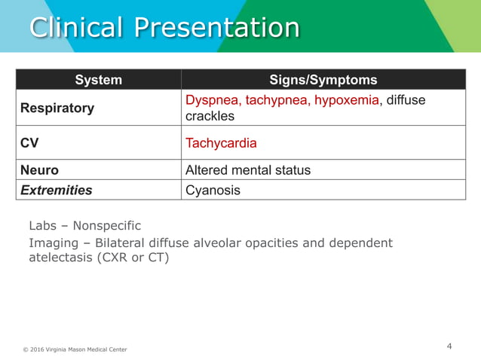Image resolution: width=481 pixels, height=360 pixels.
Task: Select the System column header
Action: (98, 80)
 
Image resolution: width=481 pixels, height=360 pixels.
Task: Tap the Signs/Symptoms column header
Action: (323, 80)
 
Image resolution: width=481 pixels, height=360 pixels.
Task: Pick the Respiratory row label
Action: (57, 108)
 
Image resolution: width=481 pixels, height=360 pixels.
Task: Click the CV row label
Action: (29, 142)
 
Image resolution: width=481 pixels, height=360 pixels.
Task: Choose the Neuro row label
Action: (39, 170)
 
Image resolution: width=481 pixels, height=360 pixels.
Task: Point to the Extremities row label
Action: (57, 190)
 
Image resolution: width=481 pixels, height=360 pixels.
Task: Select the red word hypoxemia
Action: (348, 100)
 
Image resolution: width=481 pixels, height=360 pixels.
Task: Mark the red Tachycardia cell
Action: (221, 142)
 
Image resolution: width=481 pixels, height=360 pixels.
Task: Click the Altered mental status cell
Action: (247, 170)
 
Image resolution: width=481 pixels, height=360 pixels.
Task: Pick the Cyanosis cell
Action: (213, 190)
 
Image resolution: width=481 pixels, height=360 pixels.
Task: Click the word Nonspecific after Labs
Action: (106, 225)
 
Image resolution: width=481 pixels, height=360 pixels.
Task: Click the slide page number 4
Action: (449, 346)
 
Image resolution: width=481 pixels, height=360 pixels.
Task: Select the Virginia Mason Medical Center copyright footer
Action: (75, 349)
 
